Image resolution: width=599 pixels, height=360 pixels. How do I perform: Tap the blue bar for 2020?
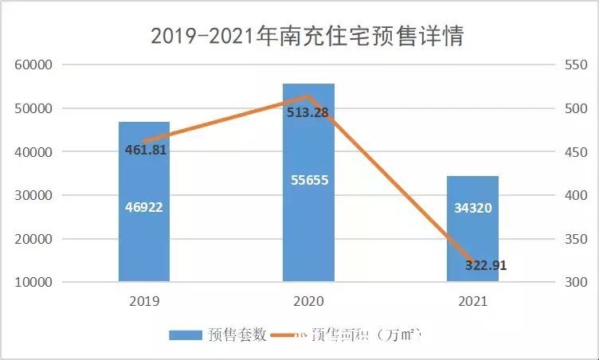309,223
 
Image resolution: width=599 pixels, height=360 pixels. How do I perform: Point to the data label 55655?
309,180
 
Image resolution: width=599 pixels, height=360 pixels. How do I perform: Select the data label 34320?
473,208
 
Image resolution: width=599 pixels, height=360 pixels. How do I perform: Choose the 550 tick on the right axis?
576,65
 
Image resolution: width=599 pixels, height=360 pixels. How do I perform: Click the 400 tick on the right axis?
576,195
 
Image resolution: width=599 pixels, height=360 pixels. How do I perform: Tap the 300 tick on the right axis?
576,282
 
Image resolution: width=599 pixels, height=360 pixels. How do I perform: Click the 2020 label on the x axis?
308,303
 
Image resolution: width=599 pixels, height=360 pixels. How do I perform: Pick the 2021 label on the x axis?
473,303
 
